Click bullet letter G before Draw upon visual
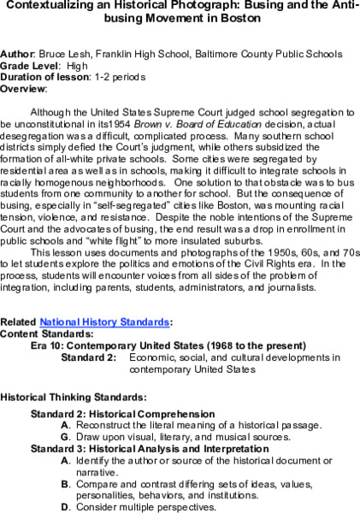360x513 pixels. (65, 437)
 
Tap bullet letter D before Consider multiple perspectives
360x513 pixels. (65, 506)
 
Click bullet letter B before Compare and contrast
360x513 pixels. (65, 483)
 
